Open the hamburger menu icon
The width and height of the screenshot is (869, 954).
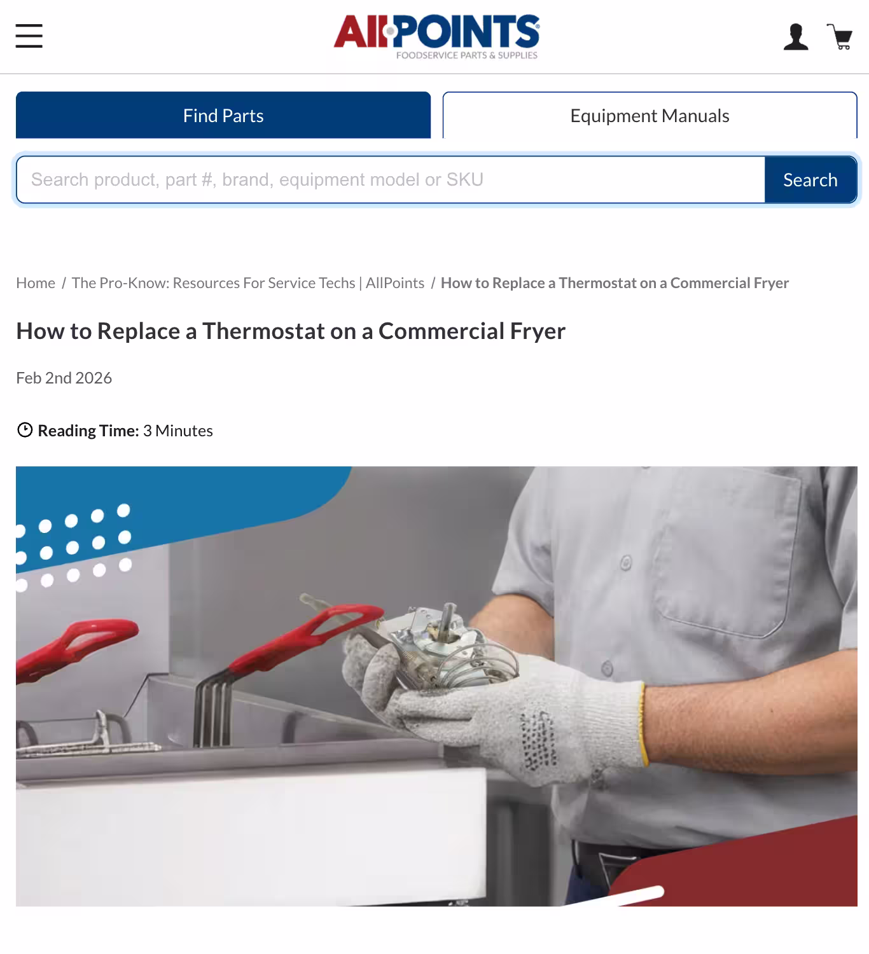coord(29,36)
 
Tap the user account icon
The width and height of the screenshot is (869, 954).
coord(795,37)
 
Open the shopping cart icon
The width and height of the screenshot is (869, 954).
coord(840,37)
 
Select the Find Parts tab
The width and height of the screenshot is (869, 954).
coord(223,115)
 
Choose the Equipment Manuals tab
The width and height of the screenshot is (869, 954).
coord(650,115)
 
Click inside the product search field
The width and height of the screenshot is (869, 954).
coord(389,180)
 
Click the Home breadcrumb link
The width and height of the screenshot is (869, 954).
coord(36,283)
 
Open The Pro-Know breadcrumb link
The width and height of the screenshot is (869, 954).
coord(247,283)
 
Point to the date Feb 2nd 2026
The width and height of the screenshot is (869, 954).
coord(64,378)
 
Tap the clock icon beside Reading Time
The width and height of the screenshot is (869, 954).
coord(24,431)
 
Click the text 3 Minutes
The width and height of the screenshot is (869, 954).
coord(177,431)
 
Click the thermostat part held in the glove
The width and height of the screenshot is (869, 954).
coord(439,642)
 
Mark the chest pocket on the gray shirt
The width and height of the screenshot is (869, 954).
coord(725,553)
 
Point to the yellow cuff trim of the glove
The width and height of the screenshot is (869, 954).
coord(643,725)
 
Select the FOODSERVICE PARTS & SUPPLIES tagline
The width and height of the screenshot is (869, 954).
coord(466,55)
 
